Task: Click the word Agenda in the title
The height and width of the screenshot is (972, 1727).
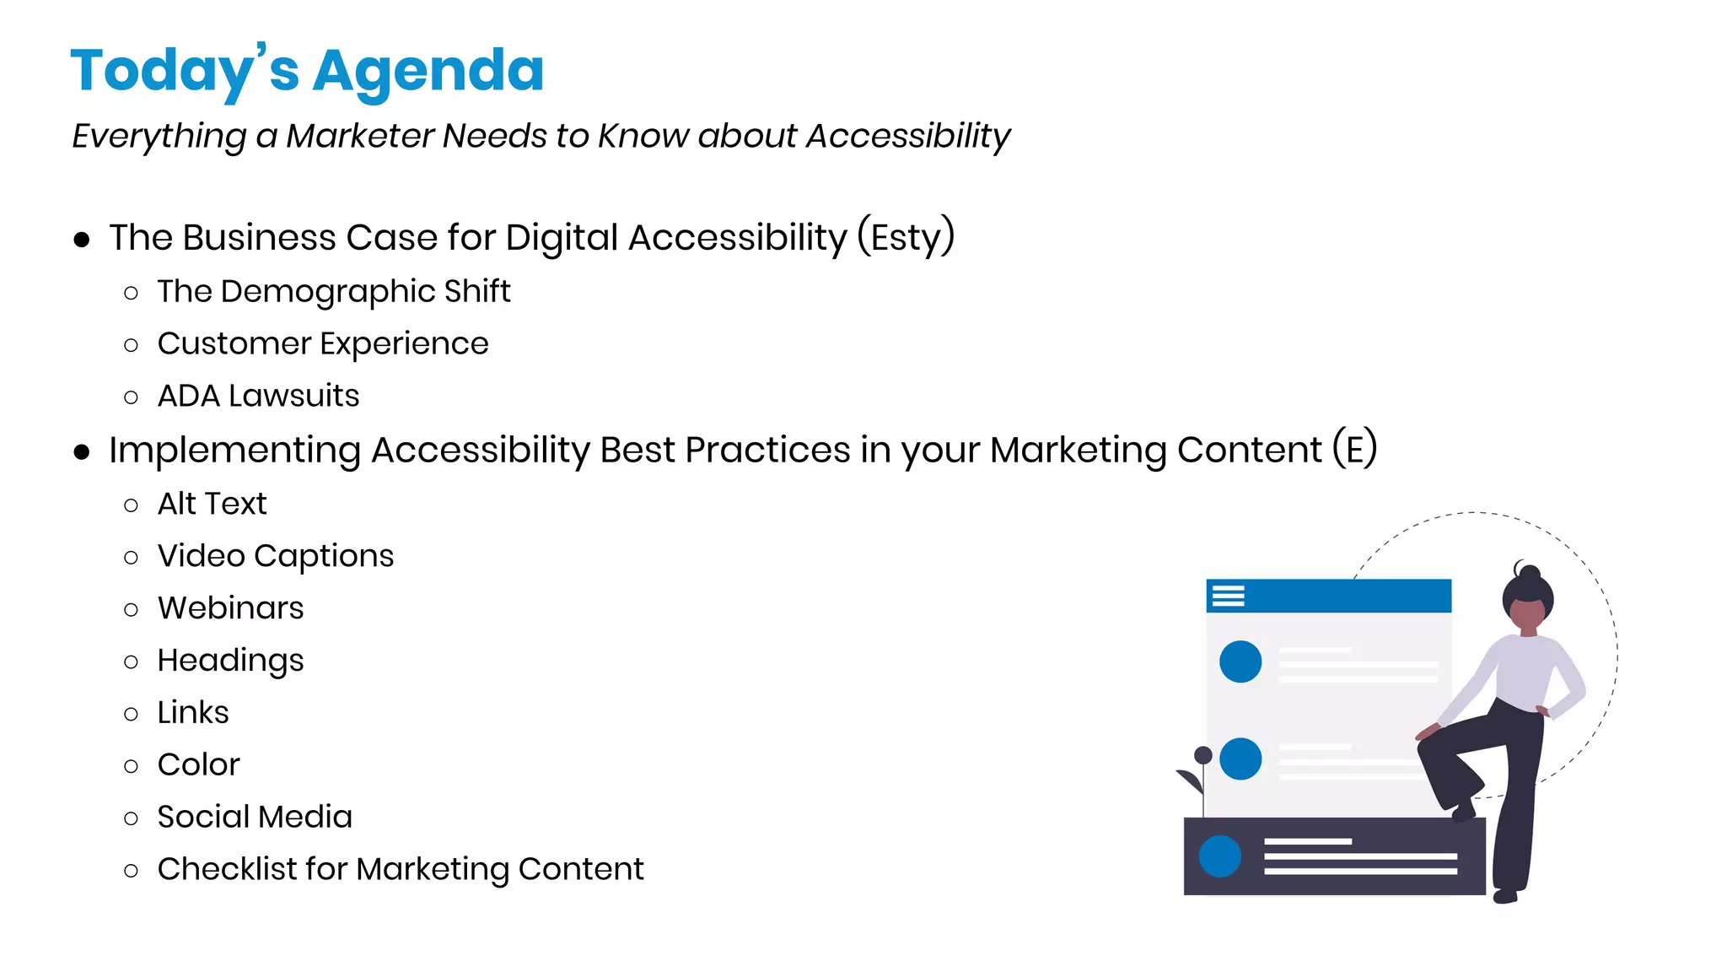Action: (x=428, y=71)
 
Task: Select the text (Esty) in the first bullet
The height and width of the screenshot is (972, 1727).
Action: (x=906, y=237)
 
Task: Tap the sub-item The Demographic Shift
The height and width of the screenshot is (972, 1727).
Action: (x=333, y=292)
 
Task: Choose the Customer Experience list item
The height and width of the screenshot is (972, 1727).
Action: (x=322, y=344)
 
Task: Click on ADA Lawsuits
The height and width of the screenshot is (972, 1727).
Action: (x=258, y=397)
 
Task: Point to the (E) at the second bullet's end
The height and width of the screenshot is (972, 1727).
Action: (x=1354, y=449)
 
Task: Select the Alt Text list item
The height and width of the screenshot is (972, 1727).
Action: (x=212, y=505)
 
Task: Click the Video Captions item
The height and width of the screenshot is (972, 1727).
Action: (x=275, y=557)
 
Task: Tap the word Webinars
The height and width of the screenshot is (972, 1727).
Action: (x=230, y=608)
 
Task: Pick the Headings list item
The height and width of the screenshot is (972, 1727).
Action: (x=230, y=661)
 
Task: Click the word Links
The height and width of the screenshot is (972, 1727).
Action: (x=193, y=713)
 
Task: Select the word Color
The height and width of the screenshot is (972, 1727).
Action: (x=198, y=765)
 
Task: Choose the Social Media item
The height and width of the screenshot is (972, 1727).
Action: (x=255, y=818)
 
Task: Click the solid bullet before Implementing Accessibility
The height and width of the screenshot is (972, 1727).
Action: (x=82, y=452)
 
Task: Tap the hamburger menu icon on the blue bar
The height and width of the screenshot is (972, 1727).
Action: (x=1228, y=597)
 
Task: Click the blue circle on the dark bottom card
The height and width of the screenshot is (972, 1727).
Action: (x=1219, y=856)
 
